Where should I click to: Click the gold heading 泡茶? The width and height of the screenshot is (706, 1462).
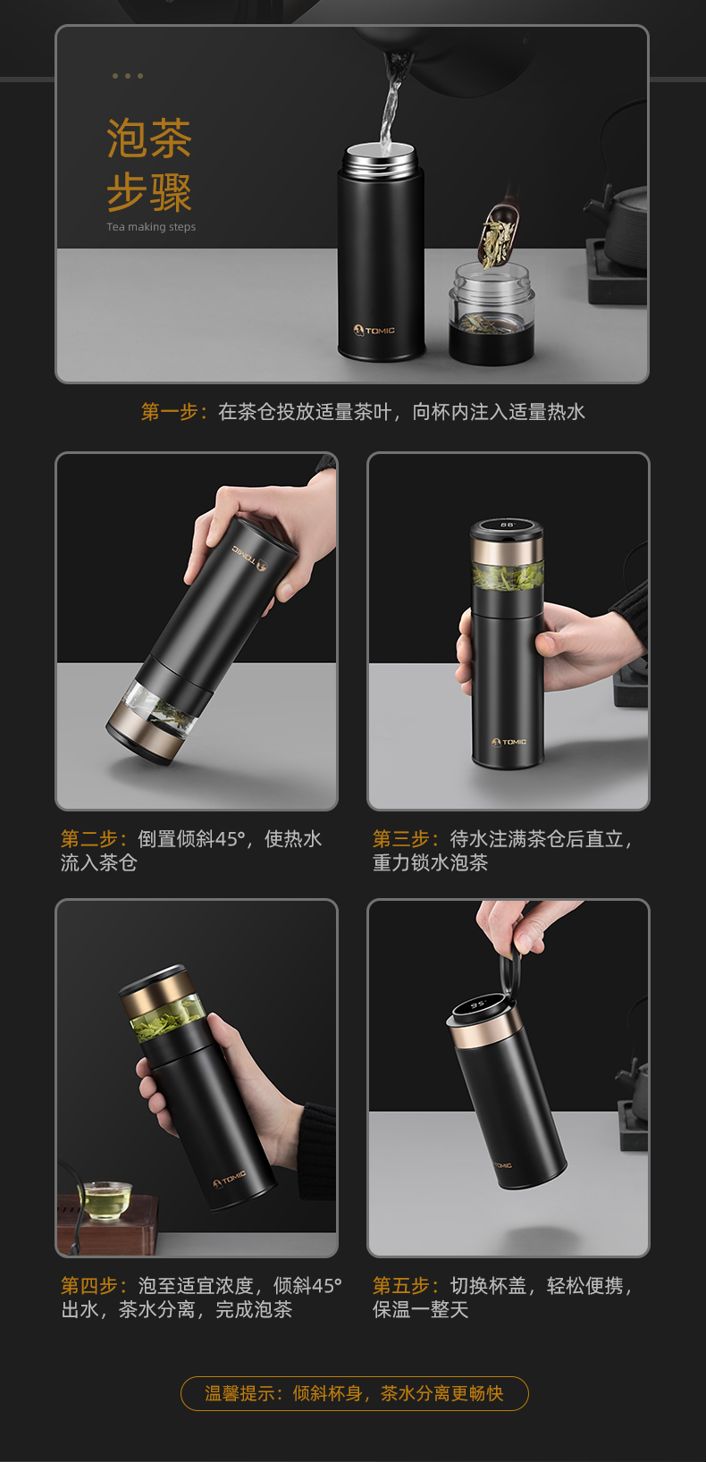click(149, 138)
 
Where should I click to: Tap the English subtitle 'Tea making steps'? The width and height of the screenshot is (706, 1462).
click(151, 227)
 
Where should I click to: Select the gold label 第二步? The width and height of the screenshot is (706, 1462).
click(90, 839)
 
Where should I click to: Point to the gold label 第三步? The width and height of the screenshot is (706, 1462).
click(402, 839)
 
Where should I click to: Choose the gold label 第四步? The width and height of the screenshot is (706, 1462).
click(90, 1285)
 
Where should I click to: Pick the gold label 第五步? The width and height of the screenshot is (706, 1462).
click(402, 1285)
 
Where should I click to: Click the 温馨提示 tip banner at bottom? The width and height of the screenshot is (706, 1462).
click(354, 1393)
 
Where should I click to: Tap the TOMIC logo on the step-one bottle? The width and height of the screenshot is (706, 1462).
click(374, 331)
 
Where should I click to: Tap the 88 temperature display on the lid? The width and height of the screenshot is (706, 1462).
click(508, 524)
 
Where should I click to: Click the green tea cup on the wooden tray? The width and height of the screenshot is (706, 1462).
click(105, 1200)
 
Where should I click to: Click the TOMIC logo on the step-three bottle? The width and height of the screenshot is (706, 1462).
click(509, 742)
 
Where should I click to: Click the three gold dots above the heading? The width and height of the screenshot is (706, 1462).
click(128, 76)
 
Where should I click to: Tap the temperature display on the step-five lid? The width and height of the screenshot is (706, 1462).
click(478, 1004)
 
